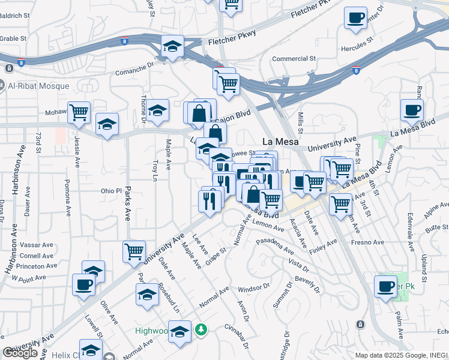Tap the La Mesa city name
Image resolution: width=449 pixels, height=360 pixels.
[x=280, y=142]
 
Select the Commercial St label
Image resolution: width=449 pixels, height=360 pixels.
[x=294, y=59]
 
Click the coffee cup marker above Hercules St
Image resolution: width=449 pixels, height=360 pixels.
[x=356, y=17]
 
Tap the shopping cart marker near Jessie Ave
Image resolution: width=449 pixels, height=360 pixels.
[x=79, y=112]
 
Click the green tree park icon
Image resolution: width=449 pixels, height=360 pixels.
[x=202, y=329]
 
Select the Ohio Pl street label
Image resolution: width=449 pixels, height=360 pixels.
[x=111, y=191]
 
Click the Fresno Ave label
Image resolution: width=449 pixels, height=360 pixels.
[x=368, y=242]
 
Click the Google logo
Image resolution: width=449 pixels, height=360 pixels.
[x=20, y=353]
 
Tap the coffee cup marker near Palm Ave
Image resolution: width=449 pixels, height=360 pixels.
[x=385, y=286]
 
